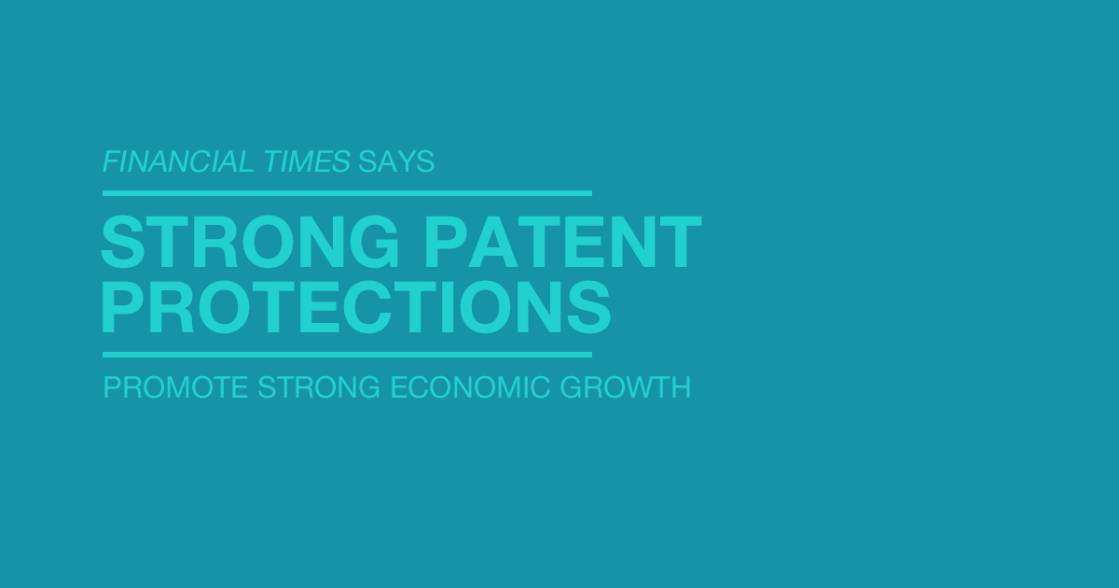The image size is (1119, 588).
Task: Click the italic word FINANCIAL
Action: click(x=178, y=161)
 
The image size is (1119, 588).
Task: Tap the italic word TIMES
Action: click(x=307, y=161)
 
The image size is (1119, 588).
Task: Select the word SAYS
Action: click(x=396, y=161)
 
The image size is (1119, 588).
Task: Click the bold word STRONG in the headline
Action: click(x=250, y=242)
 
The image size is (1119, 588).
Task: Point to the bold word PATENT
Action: click(x=563, y=242)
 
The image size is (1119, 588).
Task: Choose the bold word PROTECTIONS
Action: click(x=356, y=306)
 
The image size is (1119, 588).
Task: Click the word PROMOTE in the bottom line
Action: click(x=175, y=387)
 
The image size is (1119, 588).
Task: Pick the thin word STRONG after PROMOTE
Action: click(x=319, y=387)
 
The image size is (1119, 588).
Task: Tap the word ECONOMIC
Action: click(x=470, y=387)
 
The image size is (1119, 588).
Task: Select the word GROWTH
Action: click(x=626, y=387)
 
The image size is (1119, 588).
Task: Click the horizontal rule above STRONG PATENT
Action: click(x=347, y=193)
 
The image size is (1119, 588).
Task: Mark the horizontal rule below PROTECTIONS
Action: click(x=347, y=355)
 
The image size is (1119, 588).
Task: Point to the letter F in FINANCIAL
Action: click(x=111, y=161)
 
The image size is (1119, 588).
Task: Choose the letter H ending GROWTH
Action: click(x=682, y=387)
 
